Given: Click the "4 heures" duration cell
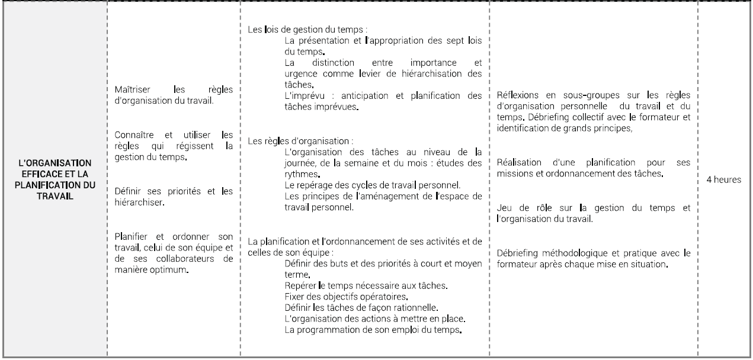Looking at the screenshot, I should click(724, 178).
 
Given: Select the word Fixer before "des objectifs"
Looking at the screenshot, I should click(294, 296).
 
